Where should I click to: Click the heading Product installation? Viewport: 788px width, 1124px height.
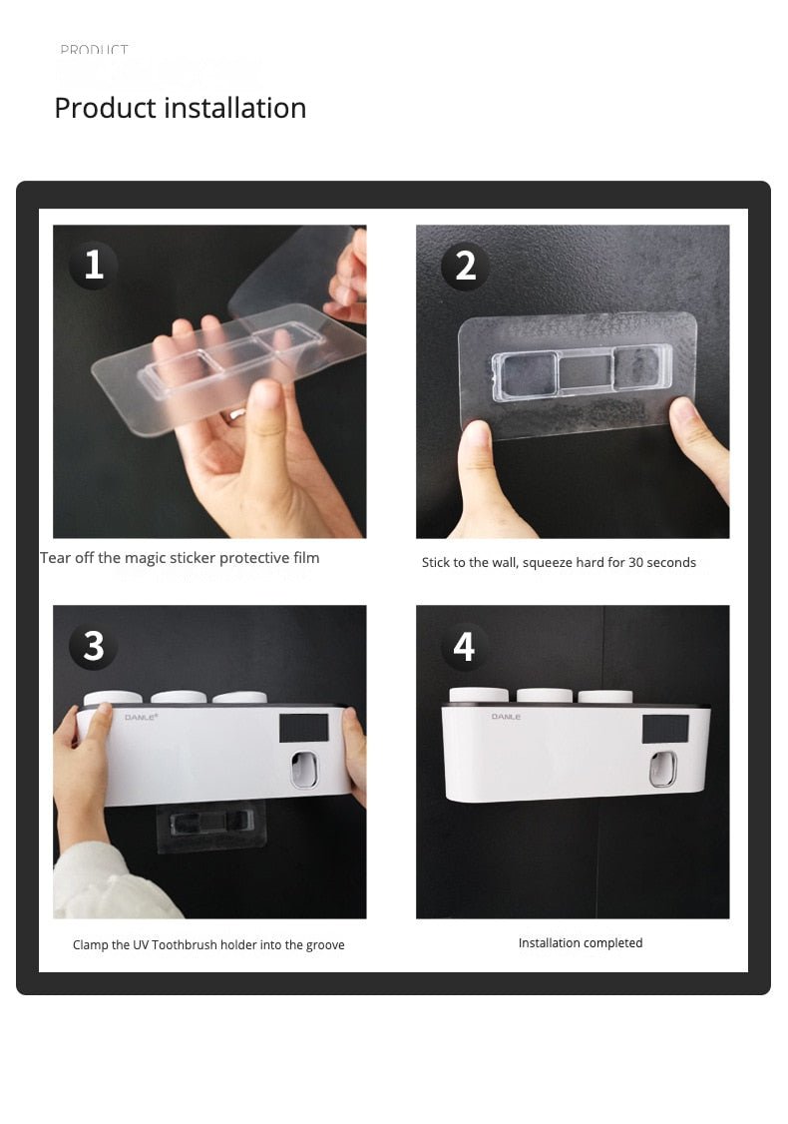pyautogui.click(x=180, y=108)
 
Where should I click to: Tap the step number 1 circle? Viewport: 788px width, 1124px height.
pyautogui.click(x=94, y=266)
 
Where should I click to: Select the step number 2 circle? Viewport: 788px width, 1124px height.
pyautogui.click(x=465, y=266)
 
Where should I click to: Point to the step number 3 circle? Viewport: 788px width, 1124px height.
pyautogui.click(x=94, y=646)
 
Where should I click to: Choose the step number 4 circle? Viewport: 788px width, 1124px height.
pyautogui.click(x=465, y=646)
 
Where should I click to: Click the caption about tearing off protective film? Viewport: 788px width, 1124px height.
pyautogui.click(x=180, y=558)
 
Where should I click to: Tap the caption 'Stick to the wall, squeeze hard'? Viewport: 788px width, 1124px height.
pyautogui.click(x=559, y=563)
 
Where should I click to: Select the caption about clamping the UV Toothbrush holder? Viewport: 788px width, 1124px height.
pyautogui.click(x=208, y=944)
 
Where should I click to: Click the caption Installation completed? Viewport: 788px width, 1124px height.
pyautogui.click(x=580, y=943)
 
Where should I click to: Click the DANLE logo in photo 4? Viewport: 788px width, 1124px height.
pyautogui.click(x=505, y=717)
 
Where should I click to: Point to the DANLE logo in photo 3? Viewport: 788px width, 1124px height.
pyautogui.click(x=139, y=717)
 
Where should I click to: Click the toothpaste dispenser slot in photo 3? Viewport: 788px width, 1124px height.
pyautogui.click(x=304, y=770)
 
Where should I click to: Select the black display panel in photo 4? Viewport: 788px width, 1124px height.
pyautogui.click(x=665, y=729)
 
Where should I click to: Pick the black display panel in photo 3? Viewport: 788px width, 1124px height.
pyautogui.click(x=304, y=728)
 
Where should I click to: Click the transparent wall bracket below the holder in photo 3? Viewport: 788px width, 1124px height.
pyautogui.click(x=211, y=824)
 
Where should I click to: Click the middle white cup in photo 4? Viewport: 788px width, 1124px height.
pyautogui.click(x=544, y=695)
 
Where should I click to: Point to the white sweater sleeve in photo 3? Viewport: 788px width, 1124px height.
pyautogui.click(x=105, y=883)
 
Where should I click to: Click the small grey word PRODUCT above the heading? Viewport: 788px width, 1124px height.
pyautogui.click(x=94, y=50)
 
